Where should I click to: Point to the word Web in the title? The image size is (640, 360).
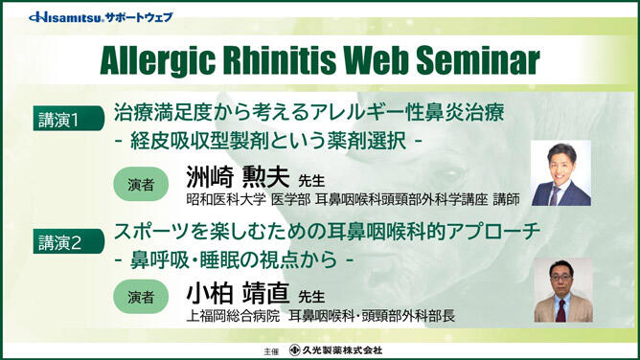click(376, 60)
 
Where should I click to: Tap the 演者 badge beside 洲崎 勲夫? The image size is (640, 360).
click(142, 183)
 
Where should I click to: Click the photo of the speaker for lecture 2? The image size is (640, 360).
click(562, 290)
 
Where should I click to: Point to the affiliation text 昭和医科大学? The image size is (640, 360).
click(220, 202)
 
